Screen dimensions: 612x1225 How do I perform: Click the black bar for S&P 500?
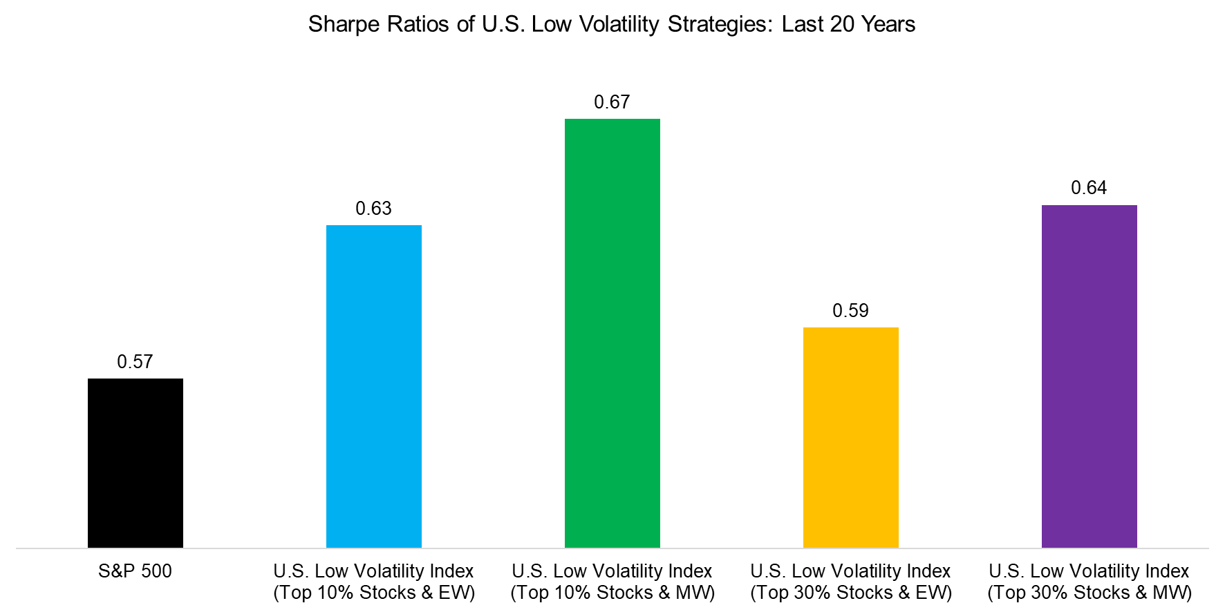point(135,463)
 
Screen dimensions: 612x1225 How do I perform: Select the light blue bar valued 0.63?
point(373,387)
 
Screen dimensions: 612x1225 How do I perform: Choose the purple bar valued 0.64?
point(1089,376)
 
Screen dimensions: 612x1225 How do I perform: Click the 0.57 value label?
point(135,362)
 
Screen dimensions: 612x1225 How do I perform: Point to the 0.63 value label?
point(373,209)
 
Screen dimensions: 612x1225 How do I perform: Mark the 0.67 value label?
point(612,102)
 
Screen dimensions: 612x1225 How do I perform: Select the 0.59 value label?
point(850,311)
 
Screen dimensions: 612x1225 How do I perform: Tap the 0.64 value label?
point(1089,188)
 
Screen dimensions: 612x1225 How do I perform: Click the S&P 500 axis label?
point(135,571)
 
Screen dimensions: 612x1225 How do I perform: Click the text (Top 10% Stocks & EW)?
point(374,593)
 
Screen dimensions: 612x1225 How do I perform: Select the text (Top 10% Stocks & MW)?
point(612,593)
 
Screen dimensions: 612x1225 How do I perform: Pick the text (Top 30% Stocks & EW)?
point(851,593)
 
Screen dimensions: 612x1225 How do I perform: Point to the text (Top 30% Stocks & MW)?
point(1090,593)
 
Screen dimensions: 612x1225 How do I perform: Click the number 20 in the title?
point(843,25)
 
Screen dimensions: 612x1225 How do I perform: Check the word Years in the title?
point(888,25)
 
